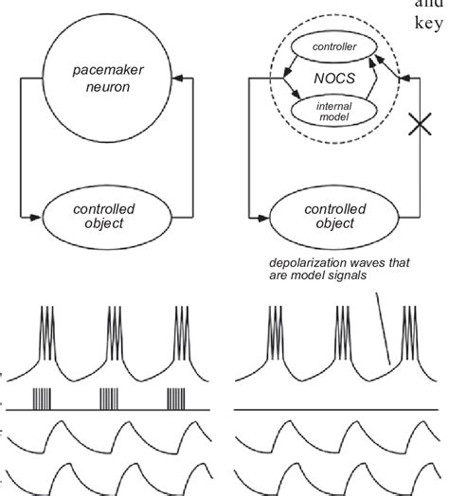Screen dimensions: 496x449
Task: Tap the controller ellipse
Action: [332, 47]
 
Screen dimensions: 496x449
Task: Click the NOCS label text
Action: [333, 80]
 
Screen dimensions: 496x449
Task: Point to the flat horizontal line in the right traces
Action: [332, 409]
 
